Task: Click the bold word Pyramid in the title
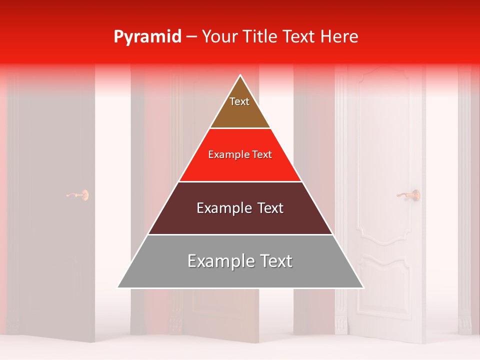click(147, 37)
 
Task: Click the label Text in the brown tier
click(239, 101)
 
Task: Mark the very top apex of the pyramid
click(240, 76)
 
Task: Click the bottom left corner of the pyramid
click(118, 287)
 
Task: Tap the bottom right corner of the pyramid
click(363, 287)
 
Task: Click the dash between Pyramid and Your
click(191, 37)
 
